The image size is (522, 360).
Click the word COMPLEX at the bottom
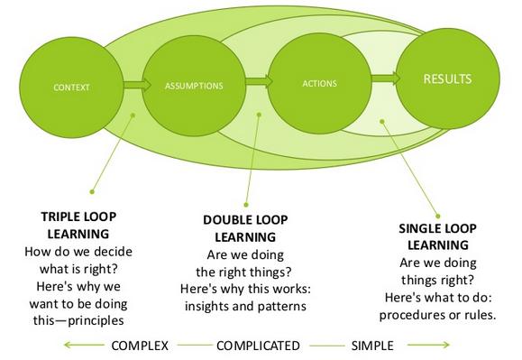[142, 345]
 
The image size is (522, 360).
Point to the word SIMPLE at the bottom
[372, 345]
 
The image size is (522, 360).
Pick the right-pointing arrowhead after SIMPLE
[445, 345]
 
